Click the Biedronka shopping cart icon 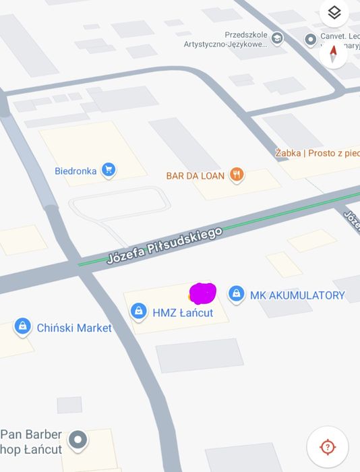(108, 170)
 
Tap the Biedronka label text (76, 171)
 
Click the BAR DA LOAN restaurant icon (236, 175)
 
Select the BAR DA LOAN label (196, 176)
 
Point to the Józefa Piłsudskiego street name (164, 245)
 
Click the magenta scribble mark (203, 293)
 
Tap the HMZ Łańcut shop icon (138, 311)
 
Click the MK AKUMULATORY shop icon (236, 293)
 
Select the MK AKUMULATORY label (297, 295)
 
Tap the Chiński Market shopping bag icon (23, 327)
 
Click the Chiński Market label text (74, 328)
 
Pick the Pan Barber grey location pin (79, 440)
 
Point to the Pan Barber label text (31, 442)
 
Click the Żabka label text (317, 153)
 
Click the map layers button (334, 13)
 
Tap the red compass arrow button (333, 54)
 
